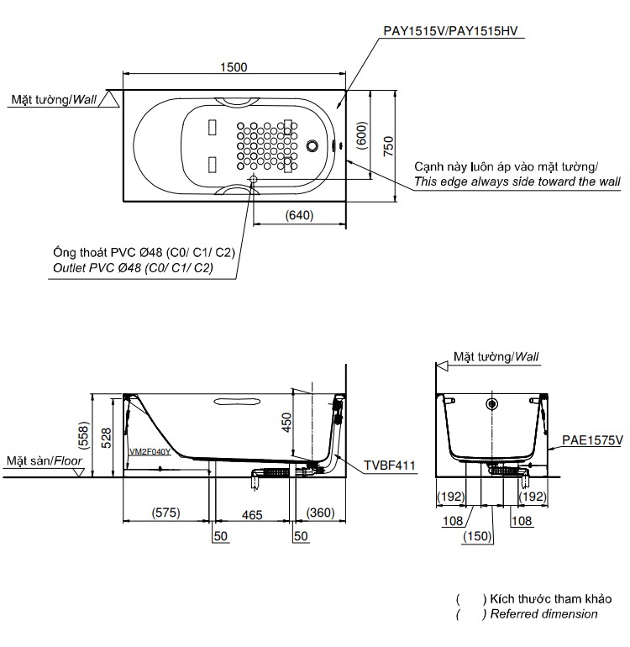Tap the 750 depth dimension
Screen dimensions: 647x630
point(387,146)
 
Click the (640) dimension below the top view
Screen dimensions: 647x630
point(299,215)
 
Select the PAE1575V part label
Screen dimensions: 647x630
point(593,440)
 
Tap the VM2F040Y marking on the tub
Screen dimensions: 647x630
point(150,451)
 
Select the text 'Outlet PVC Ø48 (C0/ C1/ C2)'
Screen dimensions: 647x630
point(132,268)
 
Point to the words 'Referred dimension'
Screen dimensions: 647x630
point(543,614)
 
